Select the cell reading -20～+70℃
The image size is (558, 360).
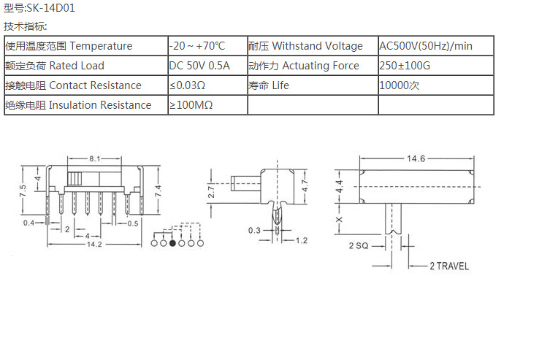198,46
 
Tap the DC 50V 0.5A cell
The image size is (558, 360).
199,66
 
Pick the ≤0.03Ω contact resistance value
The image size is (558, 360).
188,85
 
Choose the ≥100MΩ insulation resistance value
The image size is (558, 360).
191,105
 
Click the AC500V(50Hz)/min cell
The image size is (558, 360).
426,46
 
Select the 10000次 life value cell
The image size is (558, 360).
399,85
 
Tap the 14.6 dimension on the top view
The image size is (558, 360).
416,158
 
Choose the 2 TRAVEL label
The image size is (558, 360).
448,266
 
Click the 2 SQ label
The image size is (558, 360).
359,246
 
